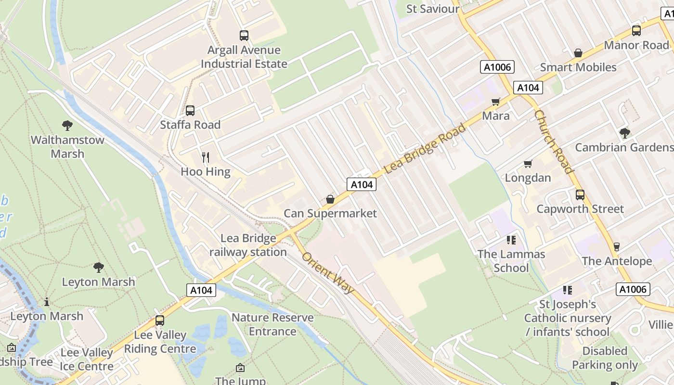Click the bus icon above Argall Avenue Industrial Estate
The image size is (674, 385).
pos(244,35)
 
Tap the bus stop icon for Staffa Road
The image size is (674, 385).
pos(190,111)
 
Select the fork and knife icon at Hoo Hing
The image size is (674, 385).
pos(206,157)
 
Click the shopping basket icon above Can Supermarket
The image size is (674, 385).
pos(330,199)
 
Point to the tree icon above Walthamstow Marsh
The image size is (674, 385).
pos(67,126)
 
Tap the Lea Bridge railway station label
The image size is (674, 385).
pos(248,245)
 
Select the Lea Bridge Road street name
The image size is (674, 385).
pos(426,149)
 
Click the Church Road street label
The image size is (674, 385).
pos(554,141)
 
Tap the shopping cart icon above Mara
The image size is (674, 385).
pos(496,102)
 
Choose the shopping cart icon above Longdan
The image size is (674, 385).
pos(528,164)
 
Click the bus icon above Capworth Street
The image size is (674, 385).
pos(580,195)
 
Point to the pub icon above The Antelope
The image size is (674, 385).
pos(616,247)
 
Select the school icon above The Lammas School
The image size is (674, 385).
pos(511,240)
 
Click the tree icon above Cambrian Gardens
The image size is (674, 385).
pos(625,133)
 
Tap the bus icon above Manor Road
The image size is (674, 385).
pos(636,31)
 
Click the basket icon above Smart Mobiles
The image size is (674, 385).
pos(578,53)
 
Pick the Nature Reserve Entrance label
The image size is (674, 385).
pos(272,324)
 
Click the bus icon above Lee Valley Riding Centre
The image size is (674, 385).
pos(160,321)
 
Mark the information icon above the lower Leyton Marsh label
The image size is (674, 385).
pos(47,302)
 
